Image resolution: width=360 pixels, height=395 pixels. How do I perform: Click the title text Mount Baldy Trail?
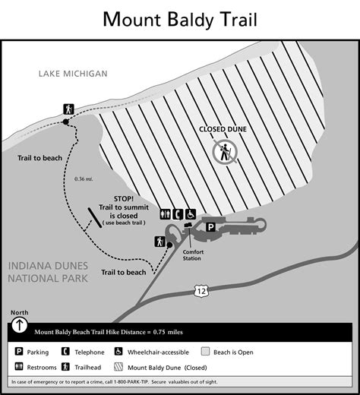pos(180,16)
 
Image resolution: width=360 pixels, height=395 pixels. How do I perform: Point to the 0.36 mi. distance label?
pos(84,179)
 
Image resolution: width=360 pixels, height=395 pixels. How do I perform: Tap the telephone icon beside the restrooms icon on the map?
pos(177,215)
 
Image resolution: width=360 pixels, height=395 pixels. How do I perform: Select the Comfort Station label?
pos(195,253)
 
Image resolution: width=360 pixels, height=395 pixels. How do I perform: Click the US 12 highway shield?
pos(199,291)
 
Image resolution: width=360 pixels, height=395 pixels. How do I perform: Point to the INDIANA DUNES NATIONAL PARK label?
pos(48,271)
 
